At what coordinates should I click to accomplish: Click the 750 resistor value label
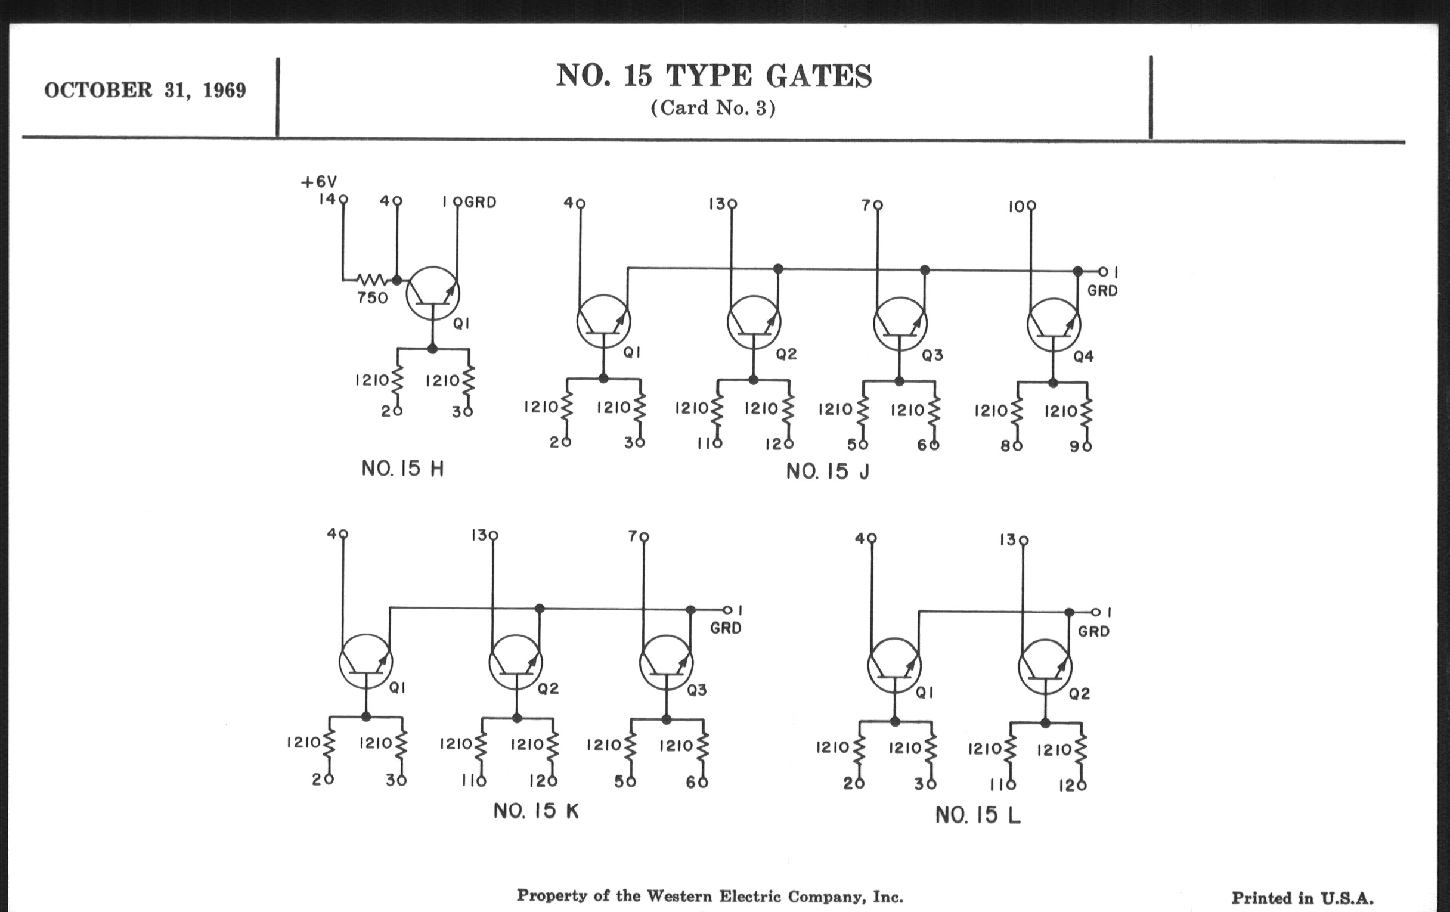pos(372,297)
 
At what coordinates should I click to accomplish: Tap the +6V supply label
pos(318,181)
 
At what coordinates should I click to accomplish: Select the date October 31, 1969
pos(145,90)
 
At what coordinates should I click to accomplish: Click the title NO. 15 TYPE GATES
pos(714,76)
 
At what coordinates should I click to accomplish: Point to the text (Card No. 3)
pos(713,108)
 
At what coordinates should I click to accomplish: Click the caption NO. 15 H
pos(402,469)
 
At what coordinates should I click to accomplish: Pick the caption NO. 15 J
pos(828,471)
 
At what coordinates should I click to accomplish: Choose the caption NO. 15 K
pos(536,811)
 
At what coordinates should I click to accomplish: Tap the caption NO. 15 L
pos(978,815)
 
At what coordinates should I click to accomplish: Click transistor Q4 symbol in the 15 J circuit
pos(1054,325)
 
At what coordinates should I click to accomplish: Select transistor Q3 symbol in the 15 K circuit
pos(666,663)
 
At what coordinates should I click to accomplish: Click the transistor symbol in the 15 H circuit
pos(432,294)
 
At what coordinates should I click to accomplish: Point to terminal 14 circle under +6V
pos(343,199)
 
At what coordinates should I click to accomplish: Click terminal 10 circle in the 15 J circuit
pos(1031,206)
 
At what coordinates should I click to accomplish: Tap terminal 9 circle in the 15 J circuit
pos(1087,446)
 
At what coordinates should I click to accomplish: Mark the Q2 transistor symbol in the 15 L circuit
pos(1045,667)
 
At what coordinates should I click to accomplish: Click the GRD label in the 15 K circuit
pos(726,628)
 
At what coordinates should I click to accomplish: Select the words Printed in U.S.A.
pos(1303,898)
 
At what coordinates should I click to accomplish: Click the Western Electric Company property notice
pos(710,897)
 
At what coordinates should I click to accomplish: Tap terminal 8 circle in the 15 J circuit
pos(1017,446)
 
